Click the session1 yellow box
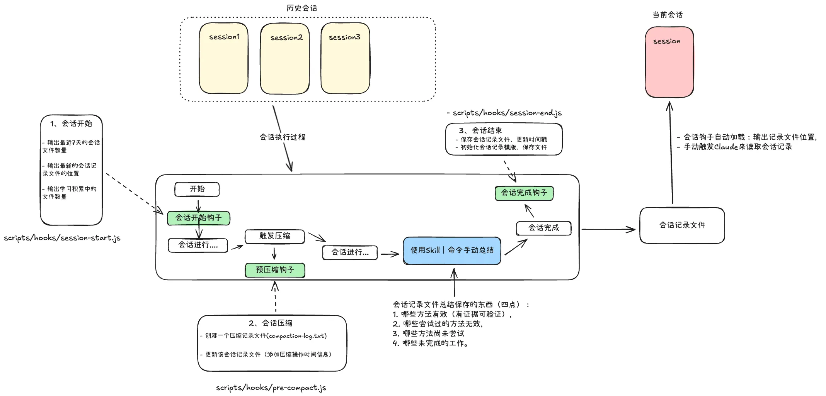(223, 58)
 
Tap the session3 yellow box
(345, 58)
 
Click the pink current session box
(669, 62)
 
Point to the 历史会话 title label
(301, 8)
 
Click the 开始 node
(197, 189)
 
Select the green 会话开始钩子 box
(199, 218)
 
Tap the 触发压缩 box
(274, 236)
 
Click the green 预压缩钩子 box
(275, 270)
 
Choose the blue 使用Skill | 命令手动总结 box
(452, 250)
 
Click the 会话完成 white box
(543, 228)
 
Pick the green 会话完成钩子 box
(524, 193)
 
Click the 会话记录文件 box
(682, 225)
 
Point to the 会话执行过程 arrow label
(282, 137)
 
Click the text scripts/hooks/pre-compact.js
(271, 388)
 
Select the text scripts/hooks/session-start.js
(62, 238)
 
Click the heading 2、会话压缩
(270, 323)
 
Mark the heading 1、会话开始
(71, 124)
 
